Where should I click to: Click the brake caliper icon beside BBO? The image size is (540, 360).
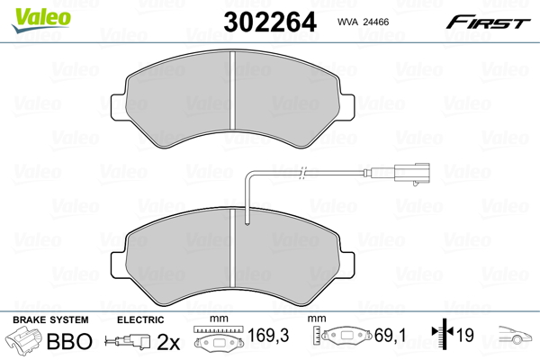tap(25, 342)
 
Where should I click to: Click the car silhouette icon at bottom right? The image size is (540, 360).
tap(515, 339)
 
